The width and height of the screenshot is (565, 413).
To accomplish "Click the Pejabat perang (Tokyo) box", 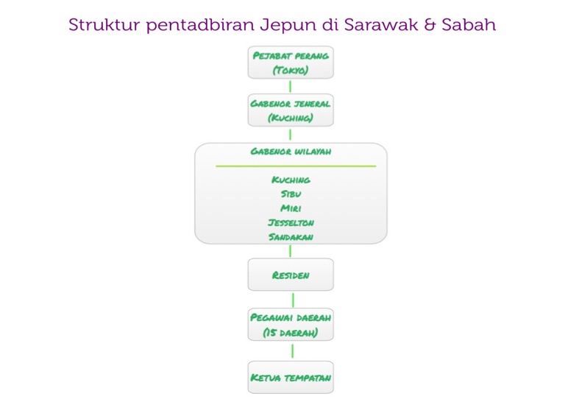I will pos(291,63).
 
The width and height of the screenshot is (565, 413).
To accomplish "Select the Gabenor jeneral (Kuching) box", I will pos(291,110).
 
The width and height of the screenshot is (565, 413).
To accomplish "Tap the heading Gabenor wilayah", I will pos(291,152).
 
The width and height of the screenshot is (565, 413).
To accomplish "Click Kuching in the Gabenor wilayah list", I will pos(291,180).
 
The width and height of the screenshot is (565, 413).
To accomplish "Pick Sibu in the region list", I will pos(291,194).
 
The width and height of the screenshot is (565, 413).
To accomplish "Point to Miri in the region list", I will pos(291,208).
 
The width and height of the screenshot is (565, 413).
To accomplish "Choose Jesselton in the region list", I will pos(291,222).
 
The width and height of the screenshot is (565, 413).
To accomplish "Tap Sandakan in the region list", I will pos(291,237).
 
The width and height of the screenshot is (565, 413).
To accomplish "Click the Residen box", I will pos(291,275).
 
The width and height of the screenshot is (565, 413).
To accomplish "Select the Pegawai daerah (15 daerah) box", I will pos(291,325).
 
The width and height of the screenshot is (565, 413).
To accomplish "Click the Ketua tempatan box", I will pos(291,378).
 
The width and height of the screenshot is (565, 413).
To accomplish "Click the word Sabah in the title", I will pos(472,25).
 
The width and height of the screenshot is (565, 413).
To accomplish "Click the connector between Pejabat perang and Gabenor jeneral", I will pos(291,86).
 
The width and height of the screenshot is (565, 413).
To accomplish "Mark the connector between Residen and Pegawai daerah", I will pos(293,300).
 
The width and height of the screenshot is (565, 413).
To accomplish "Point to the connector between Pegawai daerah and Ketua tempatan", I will pos(293,351).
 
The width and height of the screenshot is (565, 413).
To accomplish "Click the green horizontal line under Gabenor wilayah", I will pos(296,166).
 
